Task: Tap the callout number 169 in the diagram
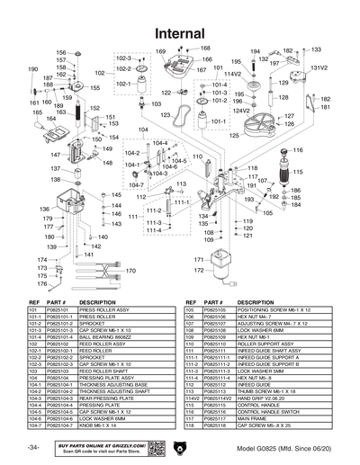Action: click(161, 52)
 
